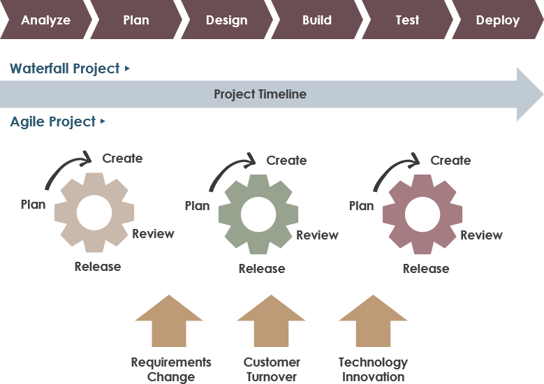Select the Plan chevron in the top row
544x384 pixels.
point(135,20)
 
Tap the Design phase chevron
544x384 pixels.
point(226,20)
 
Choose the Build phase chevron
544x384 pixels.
point(316,20)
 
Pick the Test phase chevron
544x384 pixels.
point(407,20)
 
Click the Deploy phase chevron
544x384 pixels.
point(497,20)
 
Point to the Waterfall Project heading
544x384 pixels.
point(65,68)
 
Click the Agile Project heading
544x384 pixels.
point(53,121)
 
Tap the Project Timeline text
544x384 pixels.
point(260,94)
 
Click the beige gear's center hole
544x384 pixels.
point(95,213)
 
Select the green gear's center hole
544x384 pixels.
point(258,214)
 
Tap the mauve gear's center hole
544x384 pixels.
point(422,214)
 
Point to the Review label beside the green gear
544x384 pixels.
point(317,235)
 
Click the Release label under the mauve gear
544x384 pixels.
point(426,269)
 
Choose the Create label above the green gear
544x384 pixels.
point(286,161)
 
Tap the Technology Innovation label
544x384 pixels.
point(373,369)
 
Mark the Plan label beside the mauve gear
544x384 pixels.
point(361,206)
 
